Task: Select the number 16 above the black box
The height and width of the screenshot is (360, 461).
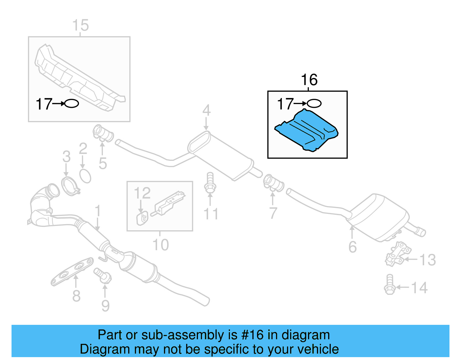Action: coord(309,80)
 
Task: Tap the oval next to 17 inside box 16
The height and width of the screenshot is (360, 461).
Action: coord(314,103)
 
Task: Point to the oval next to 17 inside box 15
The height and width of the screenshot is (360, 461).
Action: coord(71,103)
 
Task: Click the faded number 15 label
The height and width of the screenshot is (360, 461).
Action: coord(80,25)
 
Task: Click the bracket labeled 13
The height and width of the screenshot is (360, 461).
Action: coord(398,254)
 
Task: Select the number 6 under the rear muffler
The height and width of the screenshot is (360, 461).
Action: coord(352,247)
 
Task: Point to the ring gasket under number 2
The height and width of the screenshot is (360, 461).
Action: coord(85,176)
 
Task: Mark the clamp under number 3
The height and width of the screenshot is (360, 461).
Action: coord(69,186)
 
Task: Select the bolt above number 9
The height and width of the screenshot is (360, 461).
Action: coord(103,275)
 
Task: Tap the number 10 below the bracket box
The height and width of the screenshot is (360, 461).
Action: coord(160,245)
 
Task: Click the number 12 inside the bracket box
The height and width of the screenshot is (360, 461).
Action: coord(142,193)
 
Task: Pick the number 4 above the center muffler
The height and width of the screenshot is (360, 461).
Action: coord(206,110)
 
